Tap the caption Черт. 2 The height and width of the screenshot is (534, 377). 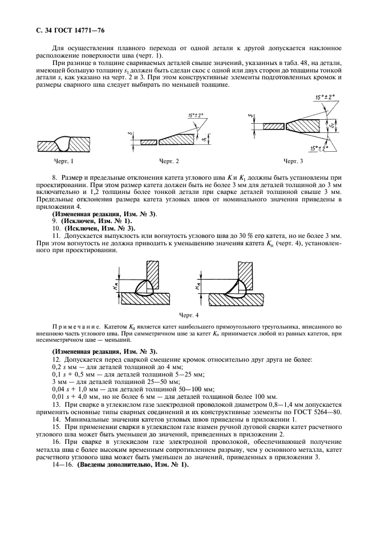(x=169, y=161)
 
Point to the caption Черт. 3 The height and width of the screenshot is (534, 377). (x=294, y=161)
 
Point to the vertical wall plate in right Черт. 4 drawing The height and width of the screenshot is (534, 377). (x=246, y=267)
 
